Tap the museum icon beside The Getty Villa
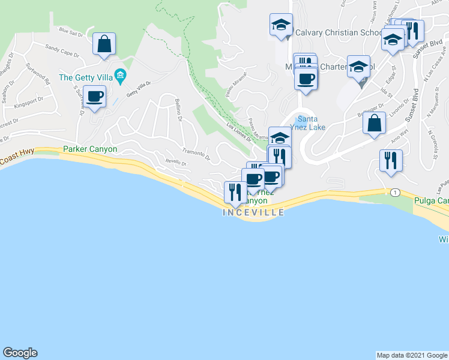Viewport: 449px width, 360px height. tap(121, 76)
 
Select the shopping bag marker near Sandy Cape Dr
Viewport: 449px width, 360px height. tap(104, 44)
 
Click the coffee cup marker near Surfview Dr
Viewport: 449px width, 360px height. tap(95, 97)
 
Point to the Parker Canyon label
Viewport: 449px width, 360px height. tap(90, 149)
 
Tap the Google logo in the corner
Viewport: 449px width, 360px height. tap(20, 353)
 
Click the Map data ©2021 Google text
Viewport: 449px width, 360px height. tap(411, 355)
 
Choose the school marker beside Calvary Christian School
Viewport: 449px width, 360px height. tap(281, 25)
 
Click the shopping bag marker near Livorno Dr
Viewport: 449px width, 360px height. tap(374, 124)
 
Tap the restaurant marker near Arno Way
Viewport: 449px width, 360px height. tap(391, 161)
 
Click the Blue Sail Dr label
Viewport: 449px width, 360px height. tap(70, 31)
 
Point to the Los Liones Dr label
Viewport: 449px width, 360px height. tap(238, 132)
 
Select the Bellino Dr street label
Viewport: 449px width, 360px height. tap(178, 110)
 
